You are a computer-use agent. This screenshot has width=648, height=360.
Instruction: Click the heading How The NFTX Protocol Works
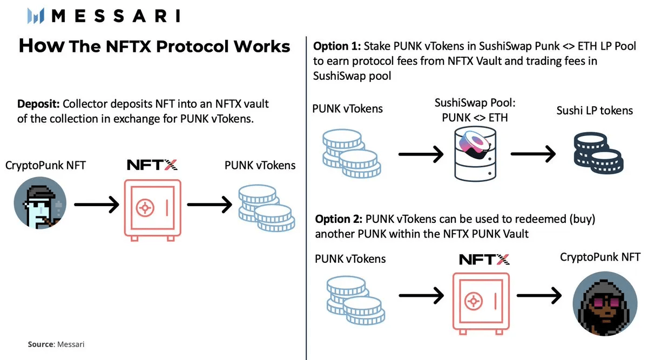pos(154,46)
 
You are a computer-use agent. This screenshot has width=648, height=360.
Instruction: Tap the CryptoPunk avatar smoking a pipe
pos(41,206)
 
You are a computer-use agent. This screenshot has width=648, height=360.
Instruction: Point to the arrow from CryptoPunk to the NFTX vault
pos(96,205)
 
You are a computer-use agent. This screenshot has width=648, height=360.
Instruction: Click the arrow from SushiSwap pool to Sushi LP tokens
pos(534,155)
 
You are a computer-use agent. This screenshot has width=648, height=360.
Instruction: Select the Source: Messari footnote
pos(56,344)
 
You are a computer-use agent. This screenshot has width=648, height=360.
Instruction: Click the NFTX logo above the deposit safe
pos(152,165)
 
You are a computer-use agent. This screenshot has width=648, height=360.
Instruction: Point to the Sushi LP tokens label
pos(595,110)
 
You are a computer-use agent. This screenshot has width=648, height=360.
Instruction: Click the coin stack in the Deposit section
pos(266,208)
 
